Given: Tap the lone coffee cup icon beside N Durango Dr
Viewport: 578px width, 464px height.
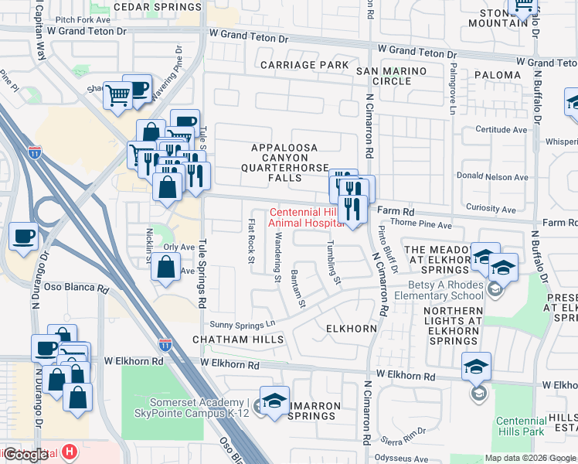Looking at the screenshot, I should (23, 236).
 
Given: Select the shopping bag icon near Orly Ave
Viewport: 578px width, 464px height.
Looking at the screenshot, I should (166, 268).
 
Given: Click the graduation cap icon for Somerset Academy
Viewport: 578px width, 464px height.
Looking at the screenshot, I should (274, 401).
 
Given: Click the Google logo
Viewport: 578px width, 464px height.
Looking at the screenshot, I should (25, 454).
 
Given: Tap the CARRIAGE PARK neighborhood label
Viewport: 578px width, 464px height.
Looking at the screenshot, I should (304, 65).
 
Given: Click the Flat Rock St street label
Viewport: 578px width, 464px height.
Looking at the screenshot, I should (251, 241).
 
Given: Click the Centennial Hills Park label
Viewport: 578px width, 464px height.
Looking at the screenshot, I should (522, 426).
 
